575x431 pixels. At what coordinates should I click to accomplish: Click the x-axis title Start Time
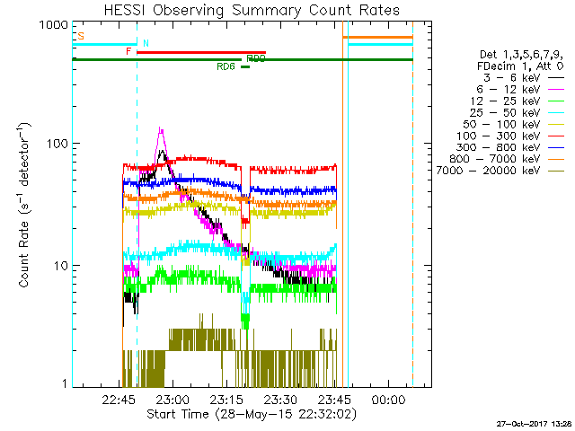(252, 414)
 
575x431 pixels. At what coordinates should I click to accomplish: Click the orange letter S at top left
(81, 37)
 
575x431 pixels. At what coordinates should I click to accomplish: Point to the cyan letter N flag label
(146, 43)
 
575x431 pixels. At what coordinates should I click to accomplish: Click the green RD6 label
(226, 66)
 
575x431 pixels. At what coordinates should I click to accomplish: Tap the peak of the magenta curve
(161, 128)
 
